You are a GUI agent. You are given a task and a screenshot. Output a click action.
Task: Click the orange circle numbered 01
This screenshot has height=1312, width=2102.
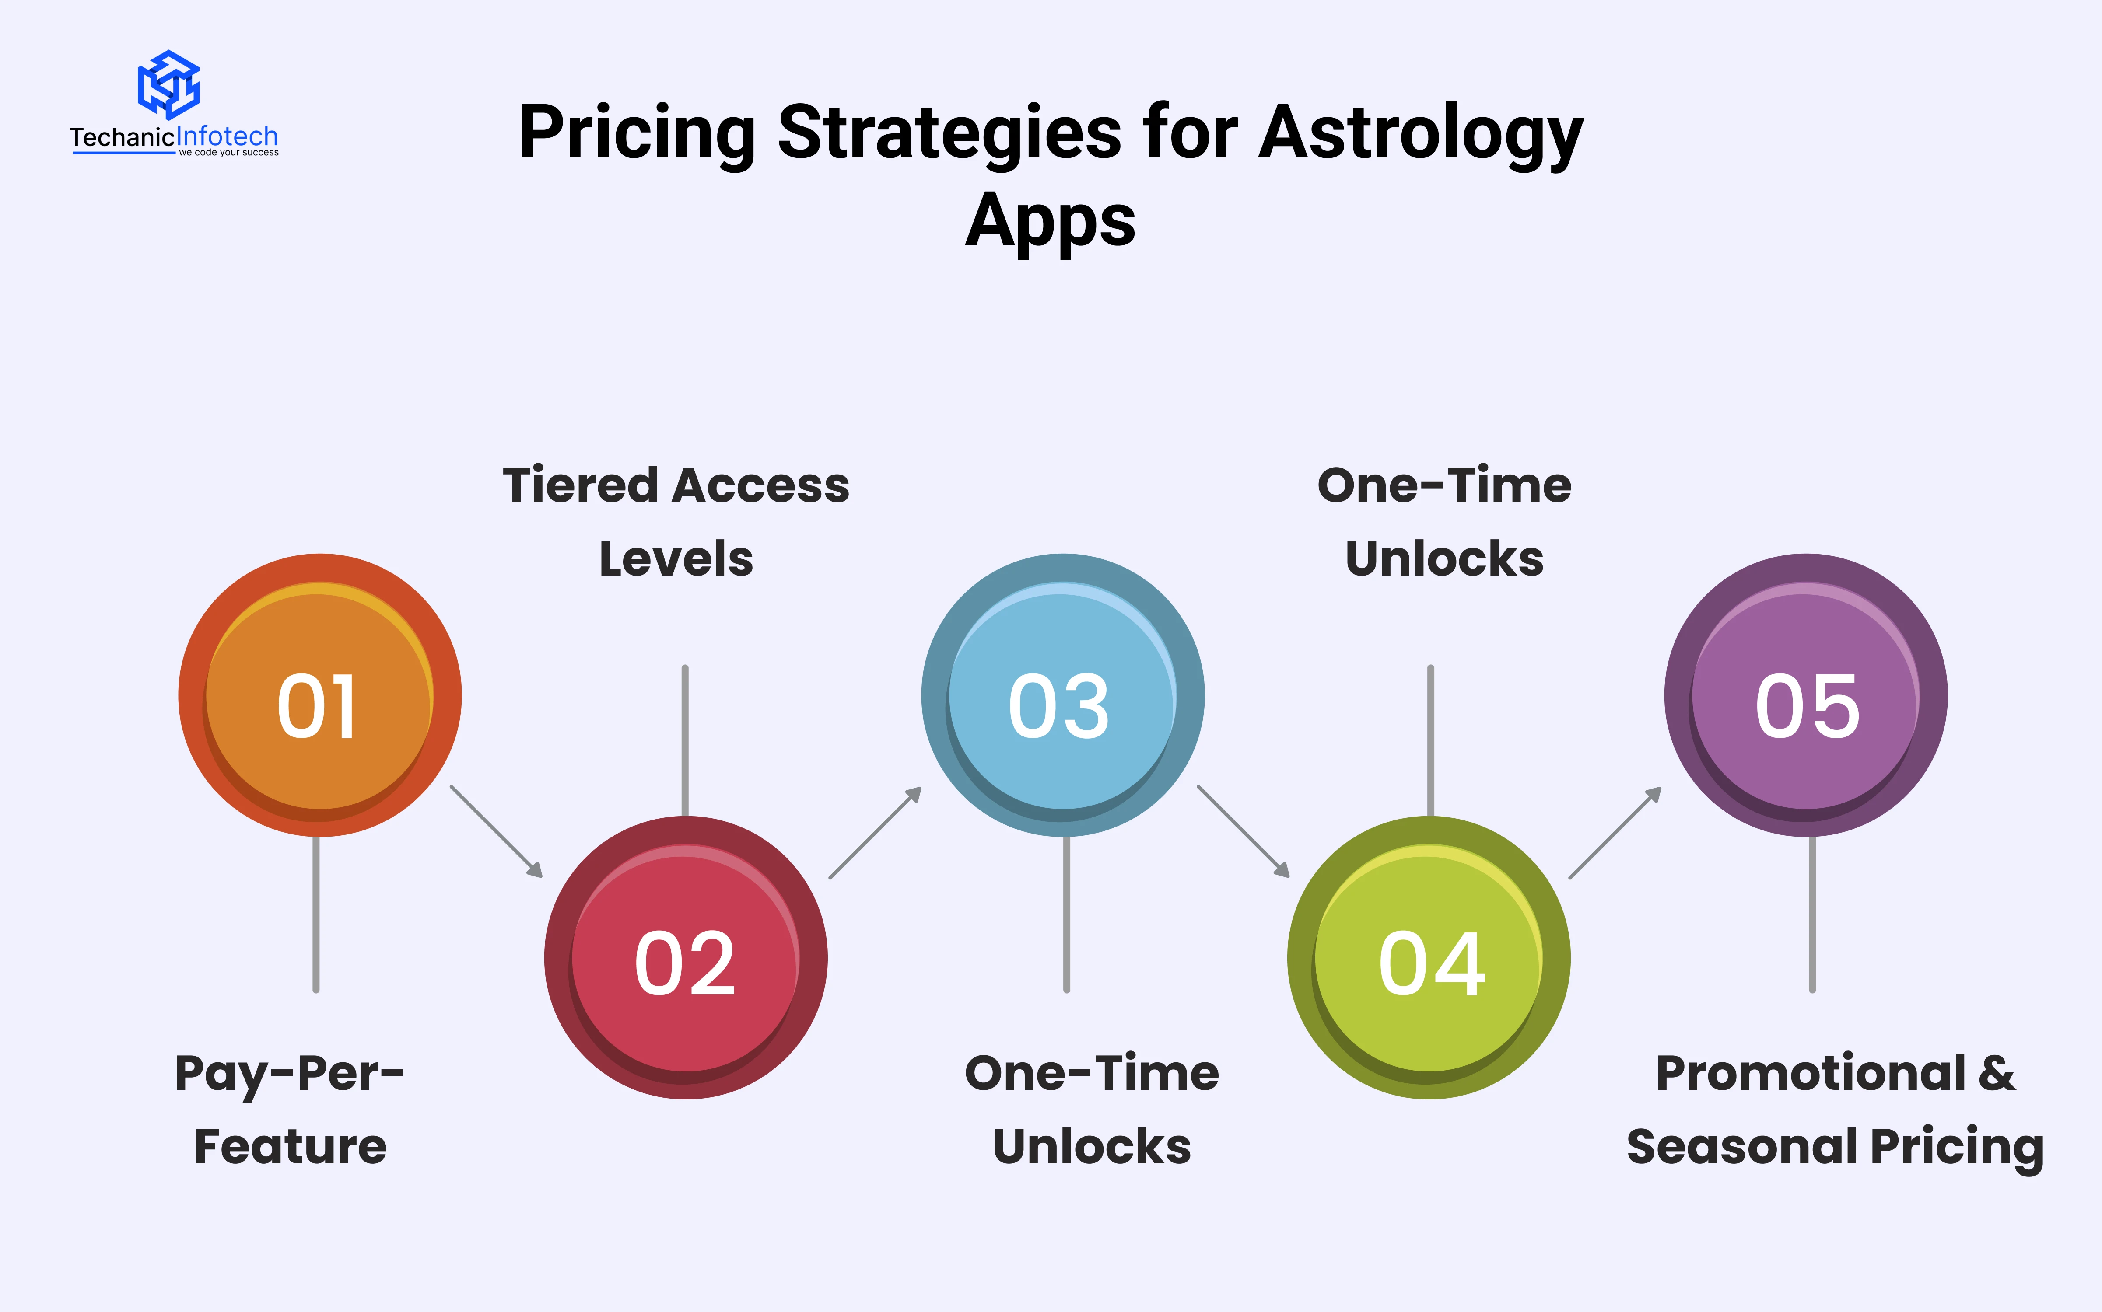(x=319, y=695)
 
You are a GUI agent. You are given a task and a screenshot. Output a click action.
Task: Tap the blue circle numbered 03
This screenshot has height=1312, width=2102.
(x=1062, y=695)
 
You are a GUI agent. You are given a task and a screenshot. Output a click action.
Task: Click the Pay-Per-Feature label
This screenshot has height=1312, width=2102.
(x=290, y=1110)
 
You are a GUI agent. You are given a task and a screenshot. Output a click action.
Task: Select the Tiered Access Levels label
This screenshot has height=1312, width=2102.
(x=676, y=521)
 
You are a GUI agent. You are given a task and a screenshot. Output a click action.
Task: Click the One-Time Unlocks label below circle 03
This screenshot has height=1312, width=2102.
(x=1092, y=1110)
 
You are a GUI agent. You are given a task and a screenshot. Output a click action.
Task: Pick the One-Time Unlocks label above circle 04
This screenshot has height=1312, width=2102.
(x=1444, y=521)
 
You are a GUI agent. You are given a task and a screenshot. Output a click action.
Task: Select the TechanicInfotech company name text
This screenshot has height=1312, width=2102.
(x=174, y=137)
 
